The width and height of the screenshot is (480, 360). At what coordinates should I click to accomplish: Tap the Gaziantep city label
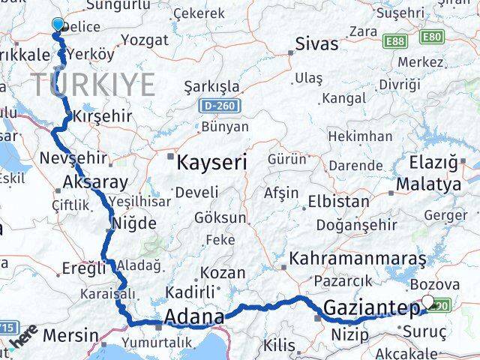click(x=371, y=307)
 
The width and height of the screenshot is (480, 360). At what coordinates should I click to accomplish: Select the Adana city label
click(x=193, y=316)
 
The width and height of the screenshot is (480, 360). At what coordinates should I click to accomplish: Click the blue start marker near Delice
click(x=58, y=24)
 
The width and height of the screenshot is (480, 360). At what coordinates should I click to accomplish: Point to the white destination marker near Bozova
click(x=428, y=301)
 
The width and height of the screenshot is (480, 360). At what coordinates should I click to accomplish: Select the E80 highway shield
click(x=432, y=37)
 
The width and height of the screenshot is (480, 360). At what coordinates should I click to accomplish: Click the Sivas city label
click(x=316, y=43)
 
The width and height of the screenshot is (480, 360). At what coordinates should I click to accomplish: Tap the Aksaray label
click(x=96, y=181)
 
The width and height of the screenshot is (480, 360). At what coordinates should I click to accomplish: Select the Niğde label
click(x=133, y=223)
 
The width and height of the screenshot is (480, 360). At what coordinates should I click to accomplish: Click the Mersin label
click(x=70, y=334)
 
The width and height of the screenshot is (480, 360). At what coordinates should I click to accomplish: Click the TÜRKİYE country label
click(x=92, y=83)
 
